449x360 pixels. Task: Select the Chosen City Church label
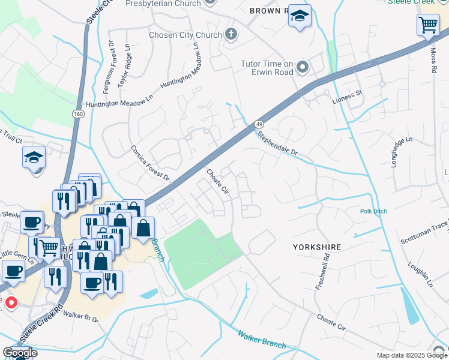coord(185,35)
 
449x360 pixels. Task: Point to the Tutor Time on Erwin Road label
coord(267,68)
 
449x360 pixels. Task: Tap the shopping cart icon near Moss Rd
coord(427,26)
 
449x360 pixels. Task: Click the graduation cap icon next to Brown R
coord(299,17)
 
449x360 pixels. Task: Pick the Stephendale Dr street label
coord(277,144)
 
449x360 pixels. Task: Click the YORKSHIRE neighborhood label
coord(317,247)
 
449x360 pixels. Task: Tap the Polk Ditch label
coord(373,211)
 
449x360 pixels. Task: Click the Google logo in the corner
coord(19,353)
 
